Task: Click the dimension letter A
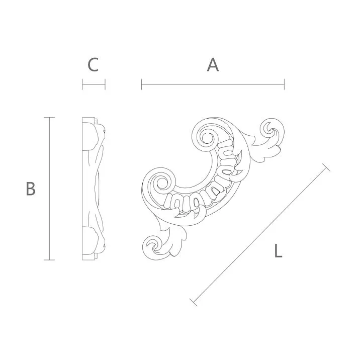213,65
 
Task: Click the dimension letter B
31,189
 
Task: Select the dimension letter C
93,65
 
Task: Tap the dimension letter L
278,250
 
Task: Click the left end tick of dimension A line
142,84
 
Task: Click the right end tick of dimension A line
284,84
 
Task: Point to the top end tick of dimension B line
49,118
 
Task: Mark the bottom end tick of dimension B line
49,259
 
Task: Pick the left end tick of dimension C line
82,84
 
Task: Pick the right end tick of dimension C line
105,84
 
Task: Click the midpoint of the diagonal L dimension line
260,235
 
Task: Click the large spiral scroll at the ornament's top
207,136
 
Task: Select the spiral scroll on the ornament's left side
162,183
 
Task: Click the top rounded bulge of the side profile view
94,134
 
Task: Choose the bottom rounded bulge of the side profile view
94,242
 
